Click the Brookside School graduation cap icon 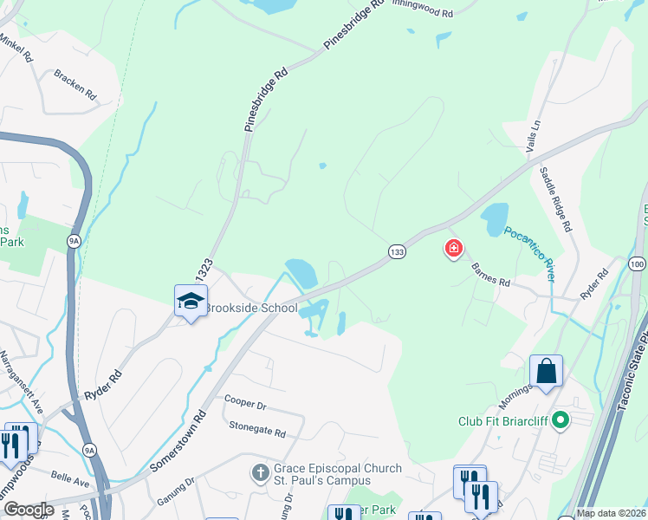tap(191, 301)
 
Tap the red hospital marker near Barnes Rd tap(452, 250)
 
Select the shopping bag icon tap(546, 371)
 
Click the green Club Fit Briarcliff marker tap(561, 422)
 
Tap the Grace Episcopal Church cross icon tap(260, 473)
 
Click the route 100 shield tap(638, 263)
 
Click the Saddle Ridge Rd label tap(555, 198)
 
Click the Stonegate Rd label tap(257, 428)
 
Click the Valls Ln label tap(534, 137)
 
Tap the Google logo tap(29, 510)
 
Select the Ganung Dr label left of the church tap(178, 491)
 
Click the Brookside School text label tap(250, 309)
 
